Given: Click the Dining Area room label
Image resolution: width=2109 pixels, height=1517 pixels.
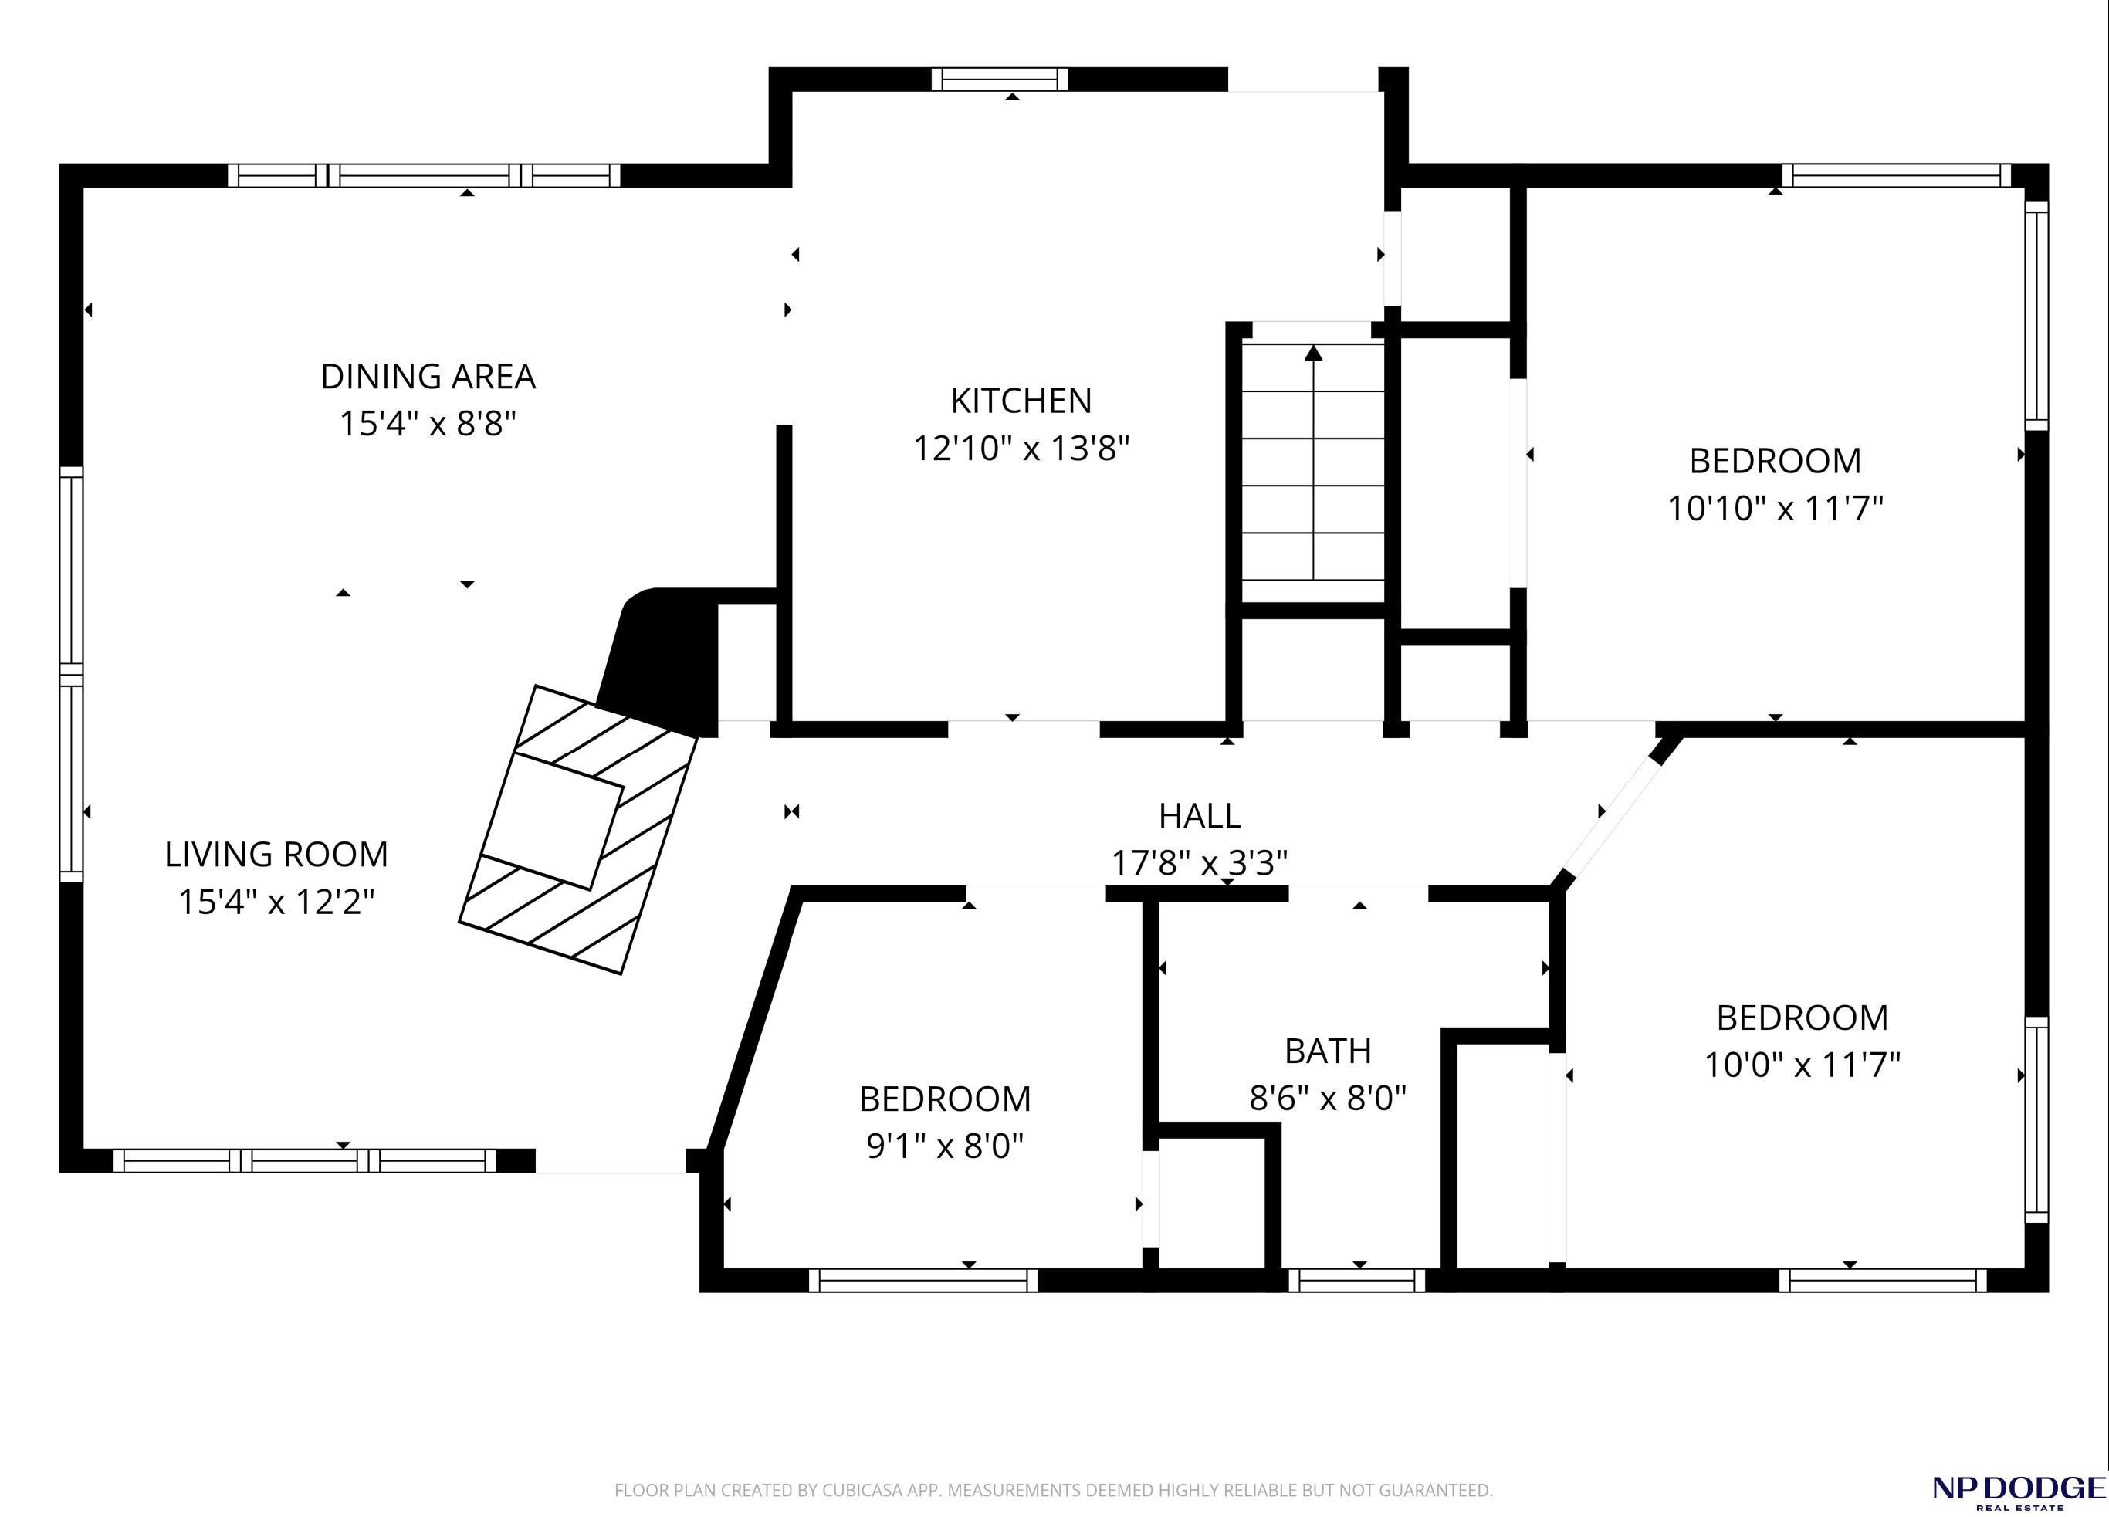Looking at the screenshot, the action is coord(428,377).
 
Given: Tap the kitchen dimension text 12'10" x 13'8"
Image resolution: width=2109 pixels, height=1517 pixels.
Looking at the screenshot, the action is coord(1021,449).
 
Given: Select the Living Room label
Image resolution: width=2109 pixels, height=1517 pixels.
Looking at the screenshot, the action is coord(276,854).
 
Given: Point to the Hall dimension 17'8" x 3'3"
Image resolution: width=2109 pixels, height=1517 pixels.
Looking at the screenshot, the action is coord(1200,863).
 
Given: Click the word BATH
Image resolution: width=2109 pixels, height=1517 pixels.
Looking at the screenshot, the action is coord(1328,1051).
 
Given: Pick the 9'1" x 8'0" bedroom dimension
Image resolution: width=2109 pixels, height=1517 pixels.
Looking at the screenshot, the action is coord(945,1146).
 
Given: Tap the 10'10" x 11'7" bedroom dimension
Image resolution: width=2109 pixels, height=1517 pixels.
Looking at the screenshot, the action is coord(1776,509).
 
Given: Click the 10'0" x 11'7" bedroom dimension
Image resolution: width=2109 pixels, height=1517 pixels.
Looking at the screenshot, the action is coord(1802,1064).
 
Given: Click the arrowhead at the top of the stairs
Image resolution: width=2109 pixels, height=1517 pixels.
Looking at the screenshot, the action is coord(1313,353).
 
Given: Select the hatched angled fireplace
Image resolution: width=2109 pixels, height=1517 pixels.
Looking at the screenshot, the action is coord(578,830).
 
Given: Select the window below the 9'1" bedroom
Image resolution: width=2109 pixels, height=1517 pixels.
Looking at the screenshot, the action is coord(922,1280).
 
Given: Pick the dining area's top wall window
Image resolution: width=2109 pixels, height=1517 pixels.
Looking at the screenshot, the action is coord(423,176).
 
